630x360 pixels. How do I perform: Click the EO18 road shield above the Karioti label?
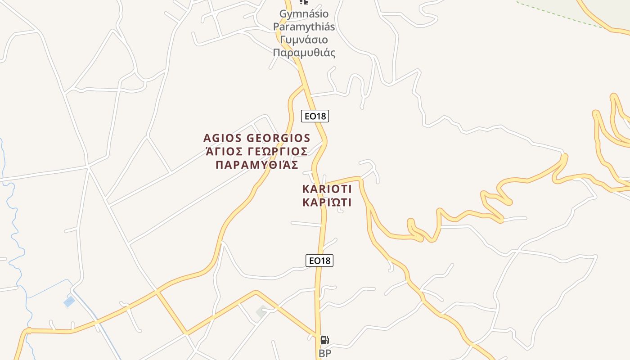click(315, 116)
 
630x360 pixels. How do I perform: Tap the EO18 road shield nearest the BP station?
click(319, 260)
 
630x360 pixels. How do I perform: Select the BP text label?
click(325, 354)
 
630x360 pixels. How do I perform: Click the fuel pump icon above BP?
click(324, 340)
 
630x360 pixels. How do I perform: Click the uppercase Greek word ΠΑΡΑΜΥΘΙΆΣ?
click(257, 165)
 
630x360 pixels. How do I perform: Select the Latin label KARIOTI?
click(327, 189)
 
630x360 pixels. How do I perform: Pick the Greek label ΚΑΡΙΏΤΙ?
click(327, 202)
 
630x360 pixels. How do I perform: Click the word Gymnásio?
click(304, 14)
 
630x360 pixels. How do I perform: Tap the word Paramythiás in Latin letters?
click(304, 27)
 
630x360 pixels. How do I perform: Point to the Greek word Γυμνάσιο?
click(304, 40)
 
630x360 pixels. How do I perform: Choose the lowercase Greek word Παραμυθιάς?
click(304, 53)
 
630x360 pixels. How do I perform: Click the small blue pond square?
click(69, 301)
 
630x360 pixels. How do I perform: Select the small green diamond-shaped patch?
click(261, 311)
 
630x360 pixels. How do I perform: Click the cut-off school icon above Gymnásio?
click(304, 2)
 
